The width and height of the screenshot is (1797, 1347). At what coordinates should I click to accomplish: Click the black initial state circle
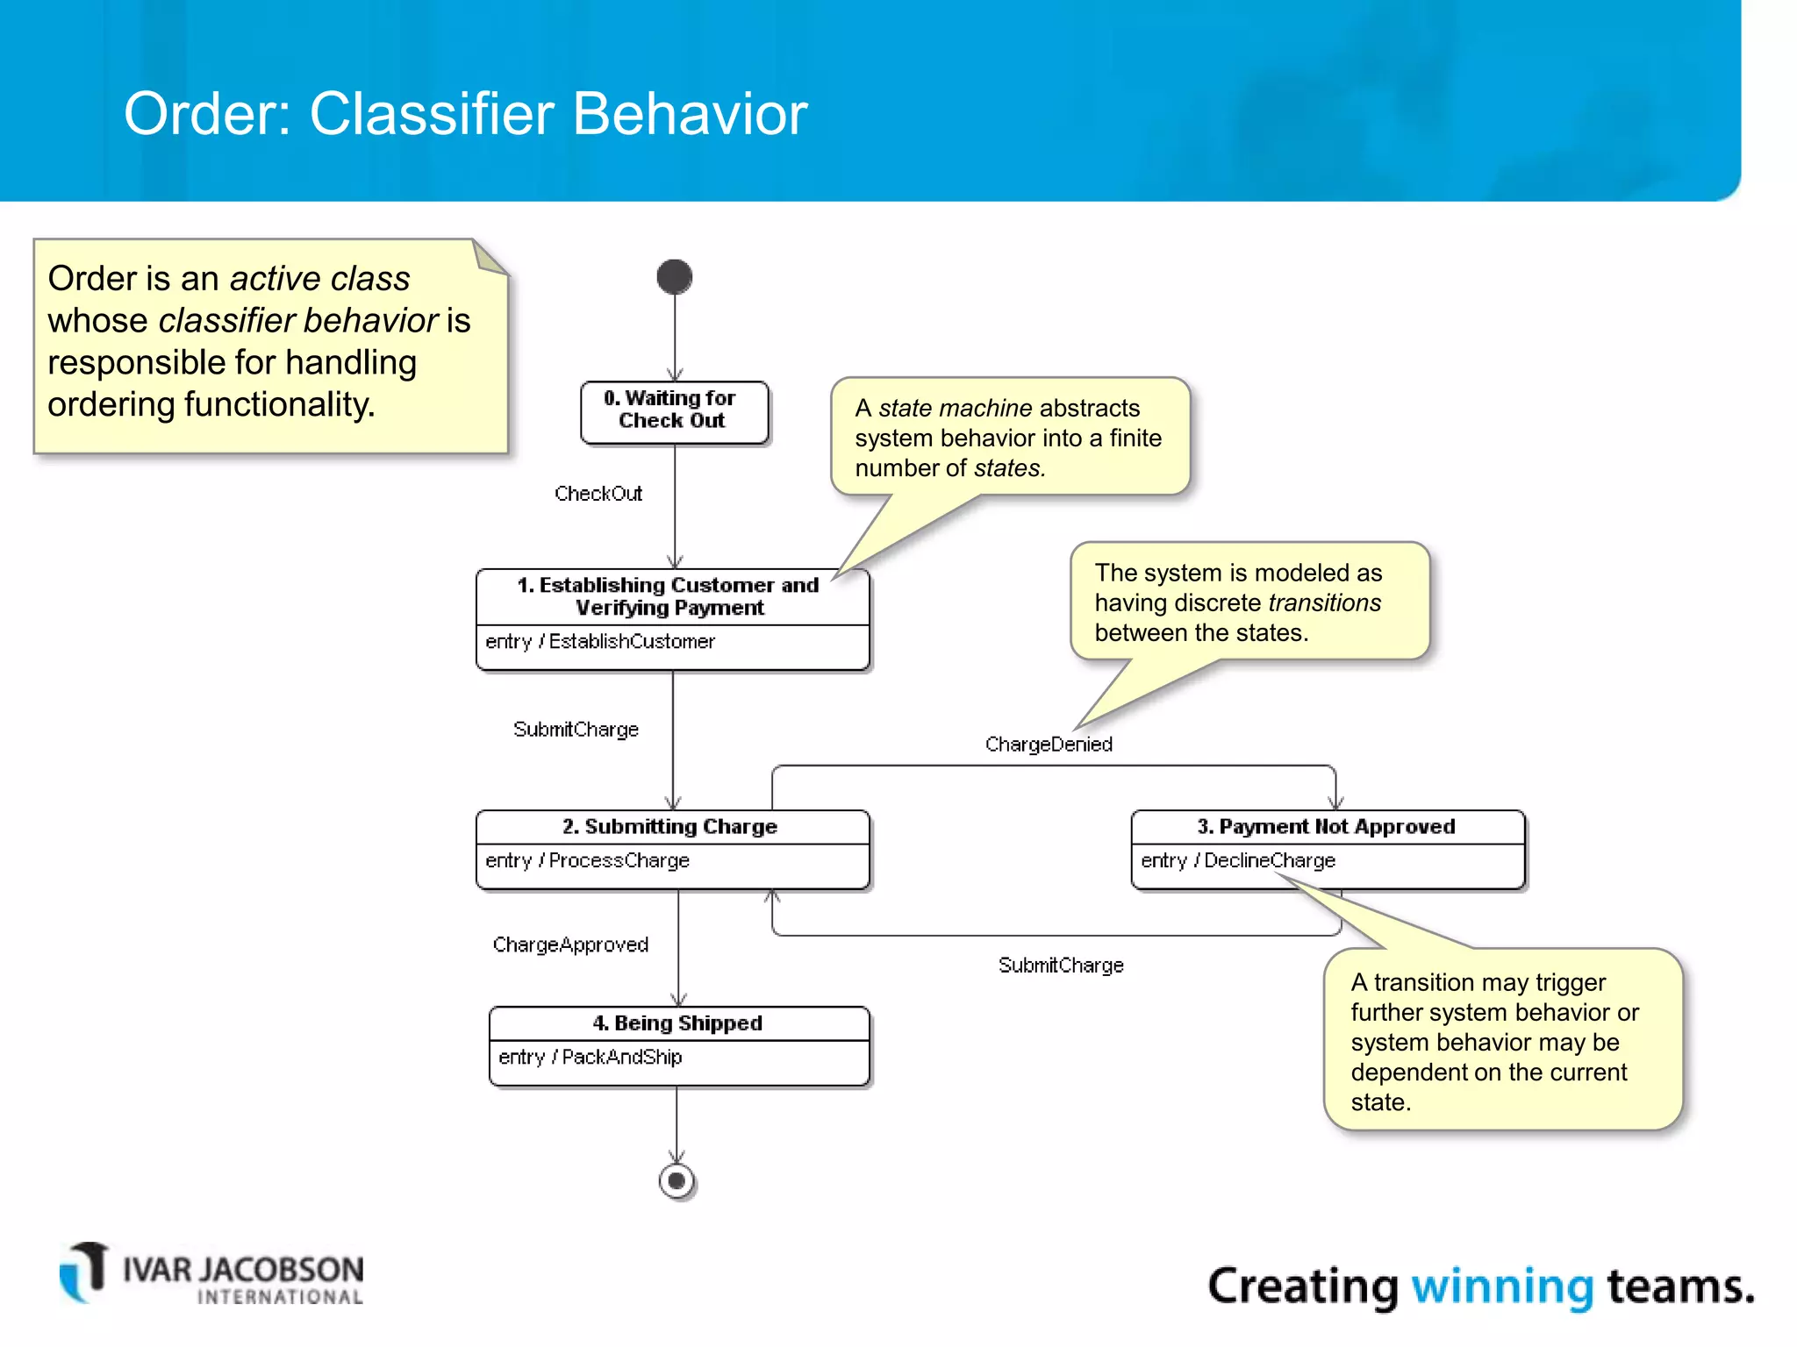pos(674,277)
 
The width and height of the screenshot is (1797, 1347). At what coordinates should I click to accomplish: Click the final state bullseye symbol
pos(677,1181)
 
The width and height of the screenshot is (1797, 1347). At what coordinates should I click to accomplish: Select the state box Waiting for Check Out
pos(674,410)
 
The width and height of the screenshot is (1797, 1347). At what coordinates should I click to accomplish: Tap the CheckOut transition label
pos(598,494)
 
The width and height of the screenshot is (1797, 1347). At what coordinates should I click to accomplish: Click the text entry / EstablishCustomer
pos(600,642)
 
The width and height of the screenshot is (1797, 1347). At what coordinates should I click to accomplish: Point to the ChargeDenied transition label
pos(1049,745)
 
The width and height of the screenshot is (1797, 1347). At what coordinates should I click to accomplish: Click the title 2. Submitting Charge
pos(670,827)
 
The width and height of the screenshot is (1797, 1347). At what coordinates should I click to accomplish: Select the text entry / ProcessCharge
pos(587,861)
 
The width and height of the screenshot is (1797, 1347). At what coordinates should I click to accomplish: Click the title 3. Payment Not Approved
pos(1326,827)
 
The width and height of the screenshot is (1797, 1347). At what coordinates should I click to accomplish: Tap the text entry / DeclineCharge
pos(1238,861)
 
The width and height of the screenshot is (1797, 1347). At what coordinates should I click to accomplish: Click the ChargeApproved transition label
pos(570,945)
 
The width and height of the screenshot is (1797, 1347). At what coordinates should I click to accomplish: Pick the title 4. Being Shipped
pos(677,1023)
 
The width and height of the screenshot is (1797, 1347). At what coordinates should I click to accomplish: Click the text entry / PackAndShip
pos(590,1058)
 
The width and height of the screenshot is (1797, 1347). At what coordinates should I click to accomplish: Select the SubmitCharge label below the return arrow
pos(1061,966)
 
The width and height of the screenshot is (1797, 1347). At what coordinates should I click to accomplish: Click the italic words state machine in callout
pos(955,409)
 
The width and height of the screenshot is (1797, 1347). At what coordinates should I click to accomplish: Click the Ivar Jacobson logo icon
pos(84,1272)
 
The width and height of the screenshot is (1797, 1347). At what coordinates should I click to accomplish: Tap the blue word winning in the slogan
pos(1501,1286)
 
